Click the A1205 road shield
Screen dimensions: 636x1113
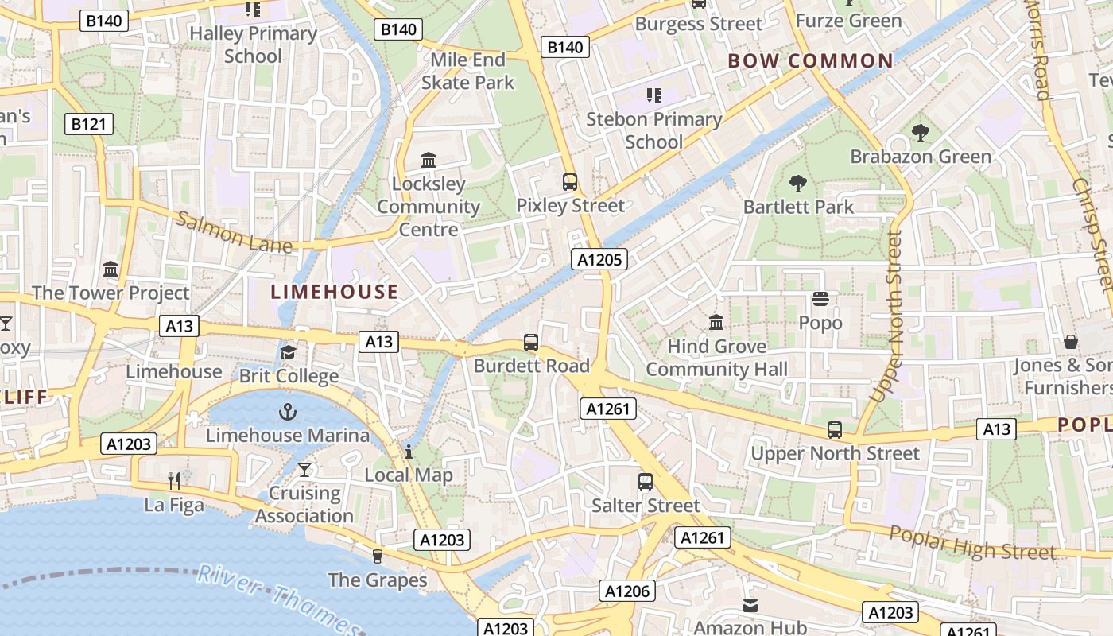(599, 259)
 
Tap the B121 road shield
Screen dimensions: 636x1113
(89, 124)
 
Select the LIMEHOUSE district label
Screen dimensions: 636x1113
(335, 292)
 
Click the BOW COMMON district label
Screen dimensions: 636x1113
(810, 61)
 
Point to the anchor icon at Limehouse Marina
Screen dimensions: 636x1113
(287, 412)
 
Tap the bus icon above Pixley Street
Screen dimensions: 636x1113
(570, 182)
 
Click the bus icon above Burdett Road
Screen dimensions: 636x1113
(531, 343)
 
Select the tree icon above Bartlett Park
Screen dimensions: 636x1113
(797, 184)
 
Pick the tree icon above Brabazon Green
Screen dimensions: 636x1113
(921, 133)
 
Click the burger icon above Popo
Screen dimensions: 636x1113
(820, 300)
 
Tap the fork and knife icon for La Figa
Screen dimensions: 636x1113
(175, 481)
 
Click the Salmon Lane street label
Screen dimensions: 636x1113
(234, 232)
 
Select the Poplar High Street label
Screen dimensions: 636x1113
(971, 544)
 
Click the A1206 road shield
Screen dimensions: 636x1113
(626, 591)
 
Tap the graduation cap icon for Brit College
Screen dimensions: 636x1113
(288, 352)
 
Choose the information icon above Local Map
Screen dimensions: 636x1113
(409, 452)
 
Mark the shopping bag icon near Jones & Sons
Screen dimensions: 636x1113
(1071, 343)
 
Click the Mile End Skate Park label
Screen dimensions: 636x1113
(467, 71)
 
